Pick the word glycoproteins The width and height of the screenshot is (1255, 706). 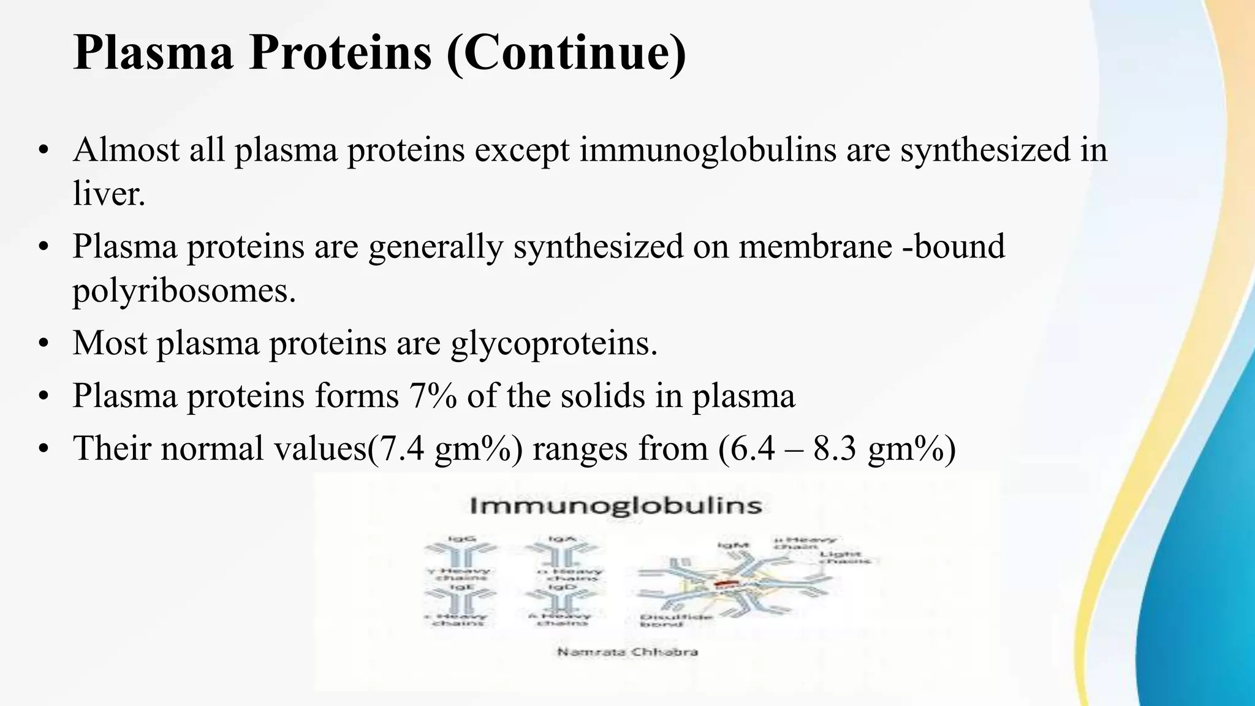tap(553, 343)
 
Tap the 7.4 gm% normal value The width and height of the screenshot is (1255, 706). tap(447, 448)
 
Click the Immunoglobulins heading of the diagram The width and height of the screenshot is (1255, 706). tap(616, 506)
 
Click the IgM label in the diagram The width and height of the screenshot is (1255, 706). tap(733, 544)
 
